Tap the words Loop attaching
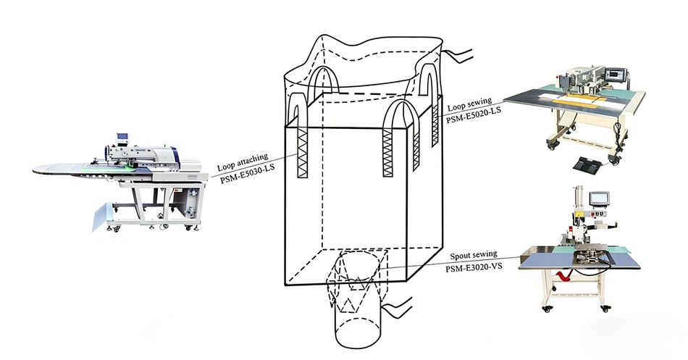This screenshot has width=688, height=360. tap(243, 162)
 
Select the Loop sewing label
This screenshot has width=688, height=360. tap(469, 104)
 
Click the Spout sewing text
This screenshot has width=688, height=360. tap(474, 255)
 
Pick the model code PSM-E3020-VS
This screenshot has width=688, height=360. tap(474, 266)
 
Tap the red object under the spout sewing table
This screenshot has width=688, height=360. tap(563, 276)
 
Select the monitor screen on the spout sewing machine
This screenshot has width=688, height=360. tap(599, 198)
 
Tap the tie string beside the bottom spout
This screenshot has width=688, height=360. tap(397, 306)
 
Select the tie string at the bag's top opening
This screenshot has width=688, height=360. tap(457, 56)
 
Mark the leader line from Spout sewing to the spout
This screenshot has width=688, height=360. tap(448, 263)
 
